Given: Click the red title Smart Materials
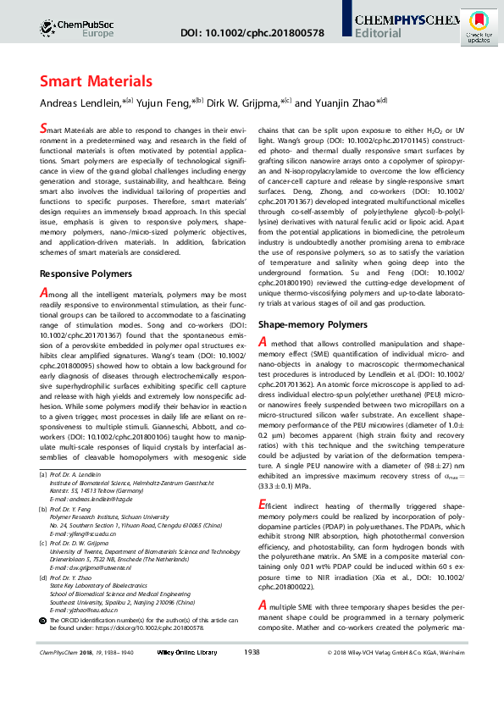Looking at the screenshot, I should pos(96,81).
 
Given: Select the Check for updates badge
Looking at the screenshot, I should pos(479,27).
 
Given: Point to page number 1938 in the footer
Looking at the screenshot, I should pos(252,699).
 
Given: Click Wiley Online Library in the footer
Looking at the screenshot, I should pos(188,699).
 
